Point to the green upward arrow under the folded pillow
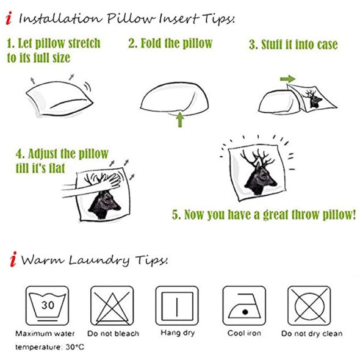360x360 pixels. pyautogui.click(x=180, y=118)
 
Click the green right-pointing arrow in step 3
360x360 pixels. pyautogui.click(x=287, y=79)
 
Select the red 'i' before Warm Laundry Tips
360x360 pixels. pyautogui.click(x=12, y=261)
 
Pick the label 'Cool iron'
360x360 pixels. pyautogui.click(x=243, y=334)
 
